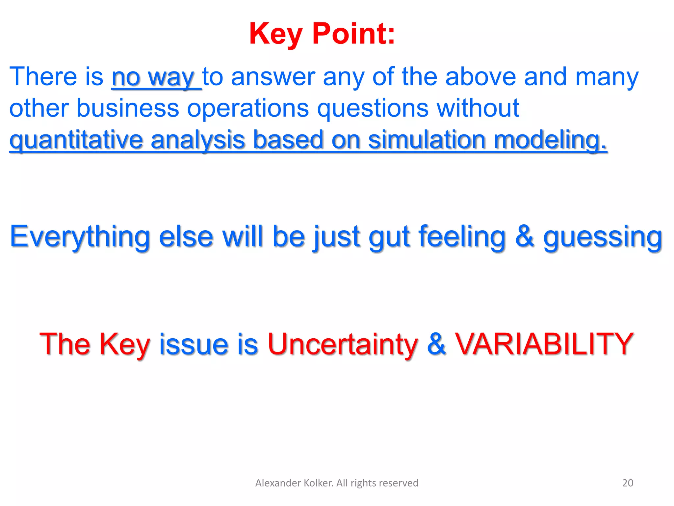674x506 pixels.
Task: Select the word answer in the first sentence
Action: (273, 77)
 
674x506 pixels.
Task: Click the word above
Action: (480, 77)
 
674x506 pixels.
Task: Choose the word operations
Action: (248, 108)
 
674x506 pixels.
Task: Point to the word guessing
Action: (602, 237)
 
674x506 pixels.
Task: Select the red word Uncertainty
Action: (343, 344)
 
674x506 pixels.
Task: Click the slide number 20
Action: (628, 483)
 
